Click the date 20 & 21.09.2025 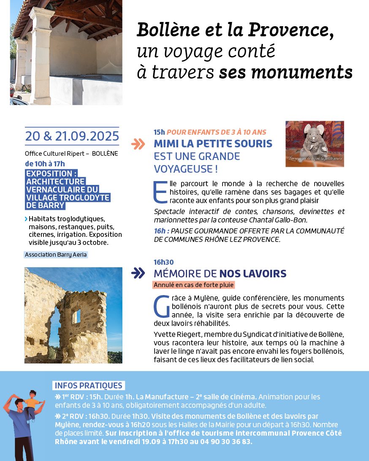(x=72, y=136)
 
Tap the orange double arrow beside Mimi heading (x=138, y=144)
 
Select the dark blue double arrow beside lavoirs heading (x=138, y=273)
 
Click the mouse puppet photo (x=315, y=144)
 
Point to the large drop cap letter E (x=160, y=192)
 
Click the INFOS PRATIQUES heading (x=89, y=385)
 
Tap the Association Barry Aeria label (x=56, y=255)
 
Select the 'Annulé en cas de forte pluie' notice (x=194, y=285)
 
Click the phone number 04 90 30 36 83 (x=230, y=442)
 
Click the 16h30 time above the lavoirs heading (x=164, y=262)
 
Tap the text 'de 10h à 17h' (x=45, y=164)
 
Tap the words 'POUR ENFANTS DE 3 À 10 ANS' (x=217, y=133)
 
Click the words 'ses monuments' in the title (x=285, y=73)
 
